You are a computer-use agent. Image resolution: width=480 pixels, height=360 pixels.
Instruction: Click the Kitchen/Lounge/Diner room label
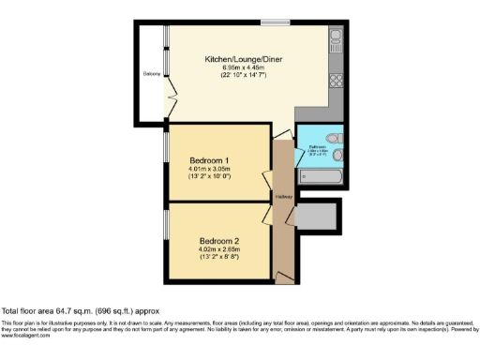coord(244,59)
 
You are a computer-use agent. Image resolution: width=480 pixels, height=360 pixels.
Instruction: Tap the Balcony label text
coord(150,73)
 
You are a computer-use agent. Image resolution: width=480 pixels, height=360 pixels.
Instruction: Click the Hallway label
coord(284,197)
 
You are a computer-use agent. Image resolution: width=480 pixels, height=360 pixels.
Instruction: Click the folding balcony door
coord(169,94)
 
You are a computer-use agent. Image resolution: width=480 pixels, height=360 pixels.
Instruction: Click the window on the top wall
coord(274,22)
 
